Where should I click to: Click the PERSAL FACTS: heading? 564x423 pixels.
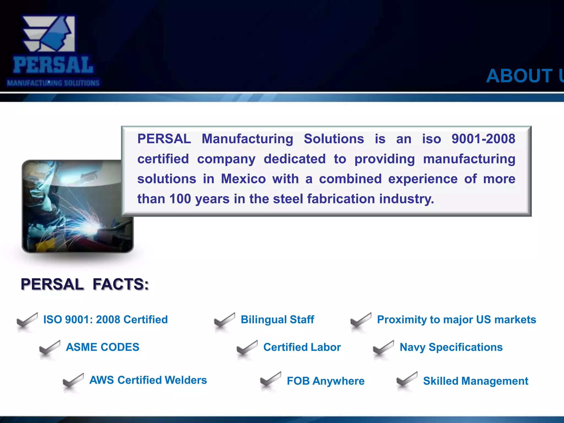(x=85, y=284)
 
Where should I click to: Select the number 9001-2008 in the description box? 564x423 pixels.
(x=483, y=139)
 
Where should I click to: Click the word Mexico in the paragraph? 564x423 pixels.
(x=243, y=179)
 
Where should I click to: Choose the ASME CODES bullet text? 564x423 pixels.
(x=102, y=347)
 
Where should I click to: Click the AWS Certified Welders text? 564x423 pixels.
(x=148, y=380)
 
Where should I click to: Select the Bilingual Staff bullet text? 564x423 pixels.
(x=277, y=319)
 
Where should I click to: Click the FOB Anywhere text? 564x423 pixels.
(x=326, y=381)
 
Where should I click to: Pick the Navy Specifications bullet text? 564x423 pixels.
(x=451, y=347)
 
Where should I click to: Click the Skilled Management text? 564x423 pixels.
(x=476, y=381)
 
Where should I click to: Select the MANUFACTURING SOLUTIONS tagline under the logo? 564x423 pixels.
(x=53, y=83)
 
